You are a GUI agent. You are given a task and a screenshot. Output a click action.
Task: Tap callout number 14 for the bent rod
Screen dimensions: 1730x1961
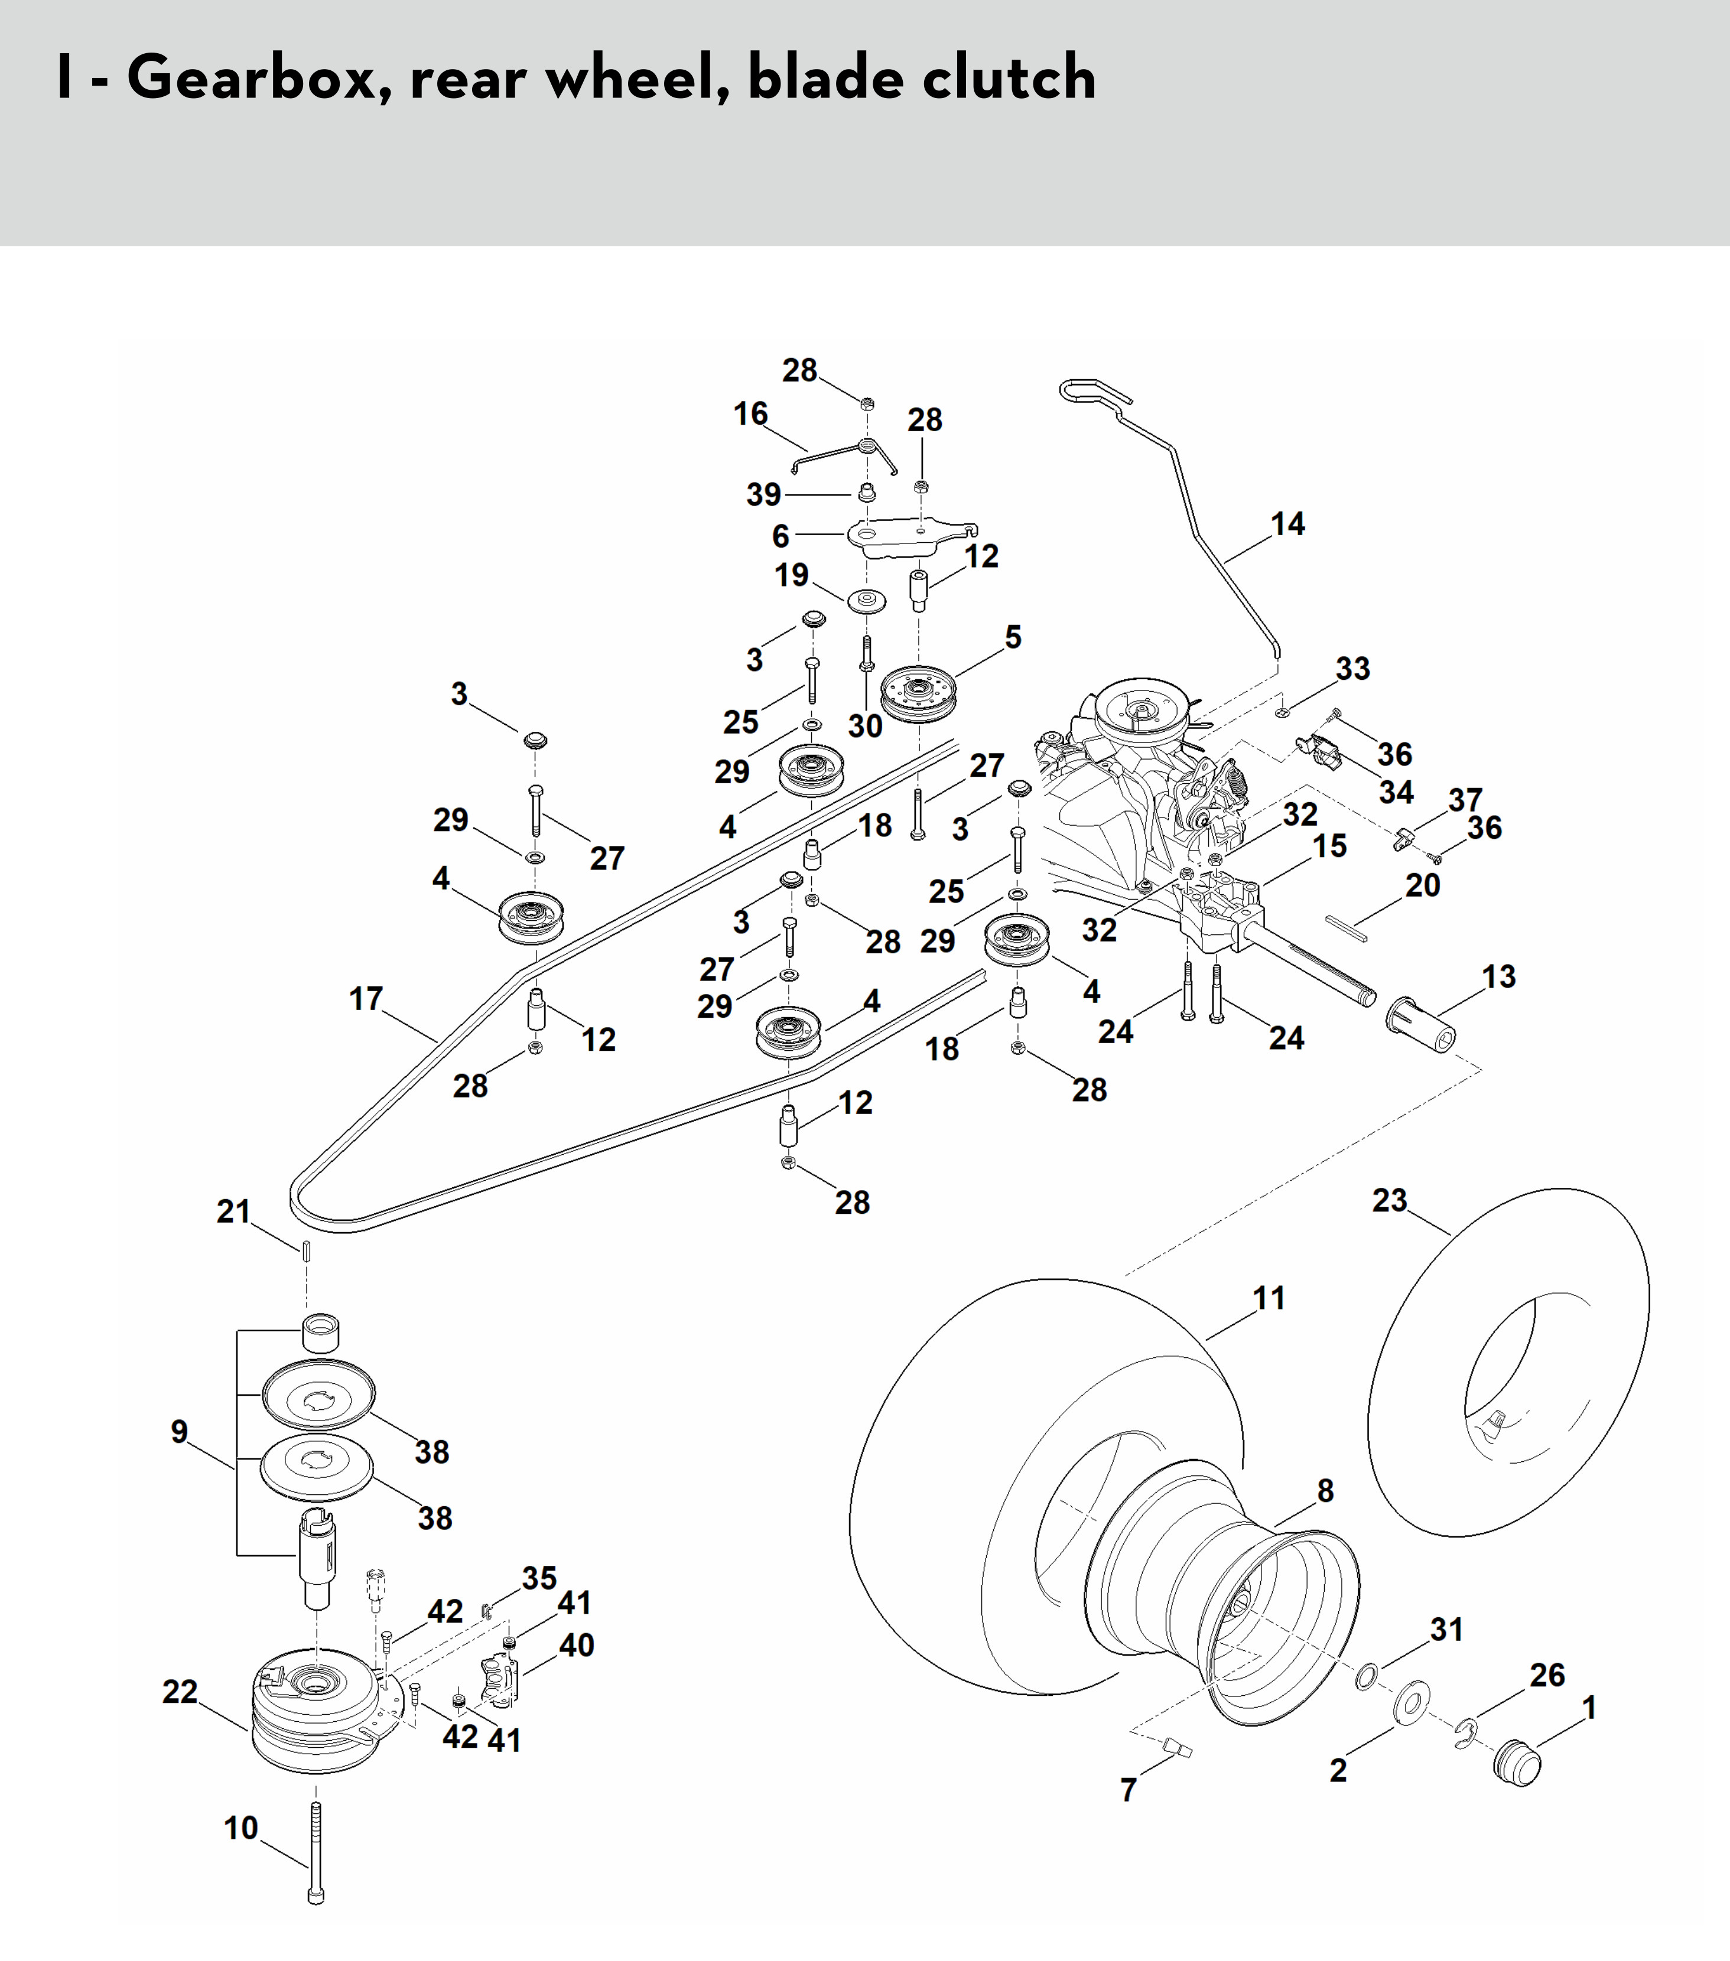(1287, 524)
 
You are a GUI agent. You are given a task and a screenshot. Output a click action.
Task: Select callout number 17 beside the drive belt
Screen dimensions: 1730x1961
(366, 999)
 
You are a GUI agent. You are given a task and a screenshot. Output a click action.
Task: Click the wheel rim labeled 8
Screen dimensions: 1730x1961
(1224, 1597)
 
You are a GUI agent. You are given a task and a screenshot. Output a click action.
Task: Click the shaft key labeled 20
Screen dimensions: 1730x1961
(1351, 924)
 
